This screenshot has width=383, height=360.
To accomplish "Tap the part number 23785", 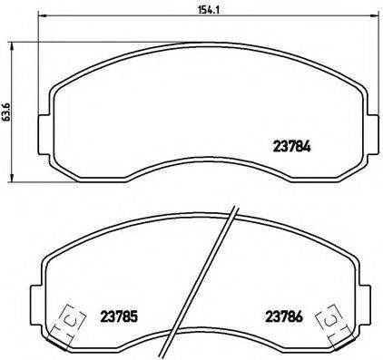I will pyautogui.click(x=119, y=317).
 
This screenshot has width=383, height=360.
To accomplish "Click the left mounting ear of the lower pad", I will pyautogui.click(x=37, y=296).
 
